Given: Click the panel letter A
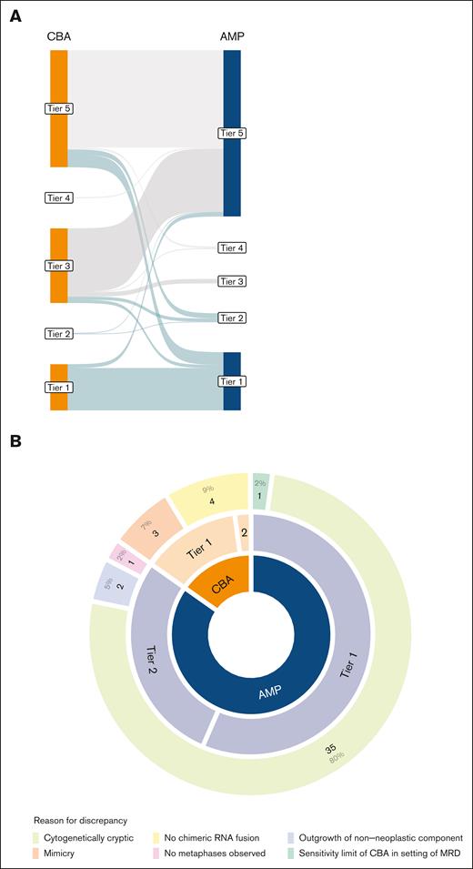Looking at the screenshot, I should [x=16, y=16].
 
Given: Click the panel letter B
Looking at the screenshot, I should [x=16, y=441].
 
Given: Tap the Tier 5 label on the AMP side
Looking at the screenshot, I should [x=232, y=134].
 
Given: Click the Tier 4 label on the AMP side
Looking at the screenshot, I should [x=232, y=248].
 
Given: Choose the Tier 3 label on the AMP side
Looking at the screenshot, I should [x=232, y=282].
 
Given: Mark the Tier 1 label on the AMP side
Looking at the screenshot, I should [x=232, y=380].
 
